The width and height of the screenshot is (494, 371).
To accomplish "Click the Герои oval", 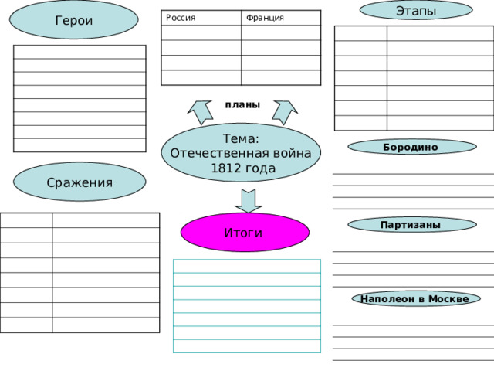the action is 74,19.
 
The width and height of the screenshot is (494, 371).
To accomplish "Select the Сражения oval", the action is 80,182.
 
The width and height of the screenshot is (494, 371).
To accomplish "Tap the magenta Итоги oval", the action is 245,232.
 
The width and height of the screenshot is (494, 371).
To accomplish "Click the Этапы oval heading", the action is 416,10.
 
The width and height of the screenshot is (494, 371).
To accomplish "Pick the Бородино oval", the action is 412,147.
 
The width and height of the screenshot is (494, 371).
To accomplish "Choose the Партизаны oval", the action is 412,225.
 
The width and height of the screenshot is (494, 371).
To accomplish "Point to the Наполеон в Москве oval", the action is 416,298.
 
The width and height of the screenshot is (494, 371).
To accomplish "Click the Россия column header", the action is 181,18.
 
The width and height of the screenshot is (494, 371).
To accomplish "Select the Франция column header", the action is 265,18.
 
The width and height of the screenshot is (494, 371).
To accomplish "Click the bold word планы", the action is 242,105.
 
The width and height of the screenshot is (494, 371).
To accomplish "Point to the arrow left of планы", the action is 200,112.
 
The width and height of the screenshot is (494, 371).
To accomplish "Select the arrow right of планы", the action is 285,112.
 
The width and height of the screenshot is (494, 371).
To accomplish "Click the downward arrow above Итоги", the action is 249,201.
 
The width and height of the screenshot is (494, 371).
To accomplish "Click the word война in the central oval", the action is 292,153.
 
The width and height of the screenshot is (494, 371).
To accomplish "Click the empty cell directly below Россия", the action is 201,32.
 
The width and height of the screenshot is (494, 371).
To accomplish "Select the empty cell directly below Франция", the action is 281,32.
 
